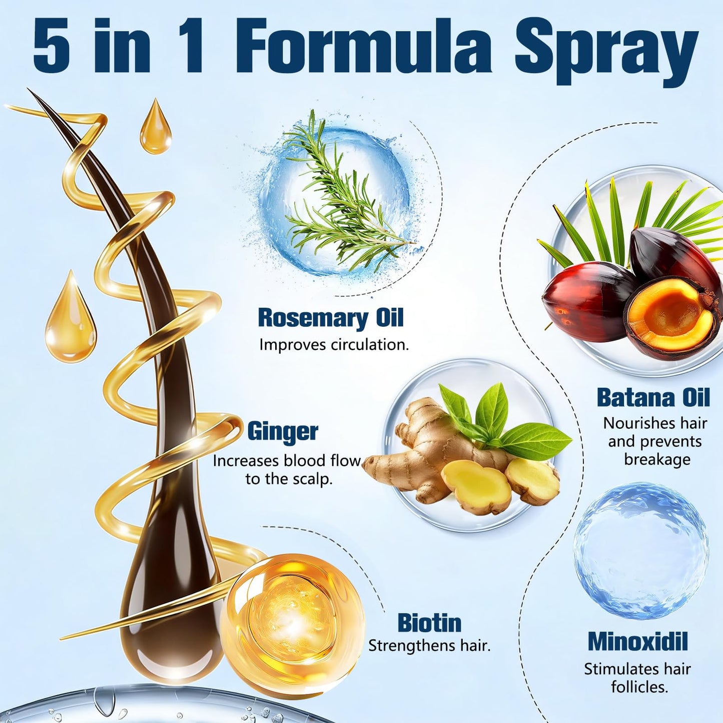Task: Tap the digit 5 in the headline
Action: (52, 47)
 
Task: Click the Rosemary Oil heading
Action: (331, 319)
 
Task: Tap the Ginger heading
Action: (283, 431)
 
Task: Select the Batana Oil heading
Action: (653, 397)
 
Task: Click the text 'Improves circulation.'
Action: (334, 345)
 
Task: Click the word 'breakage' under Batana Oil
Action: (657, 460)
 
